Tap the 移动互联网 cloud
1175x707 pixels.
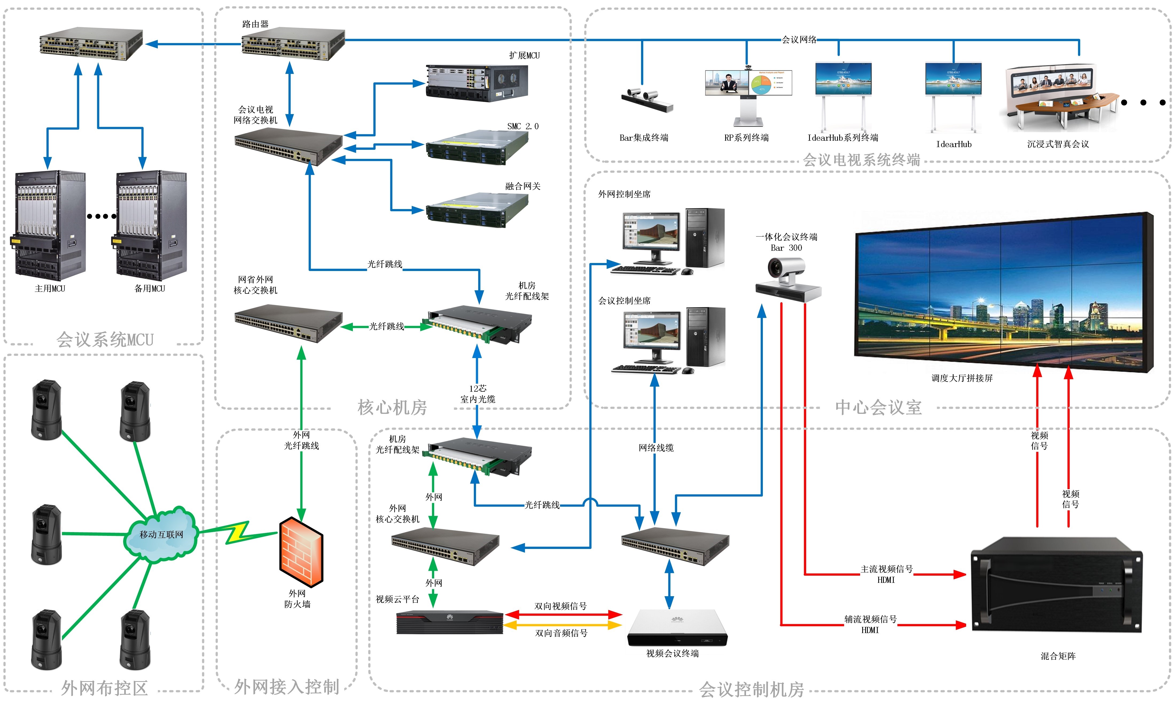point(161,535)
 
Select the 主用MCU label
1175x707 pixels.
point(50,289)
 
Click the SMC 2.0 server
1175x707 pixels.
point(477,147)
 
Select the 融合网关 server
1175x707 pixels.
point(477,210)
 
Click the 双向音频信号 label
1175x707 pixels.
point(561,633)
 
